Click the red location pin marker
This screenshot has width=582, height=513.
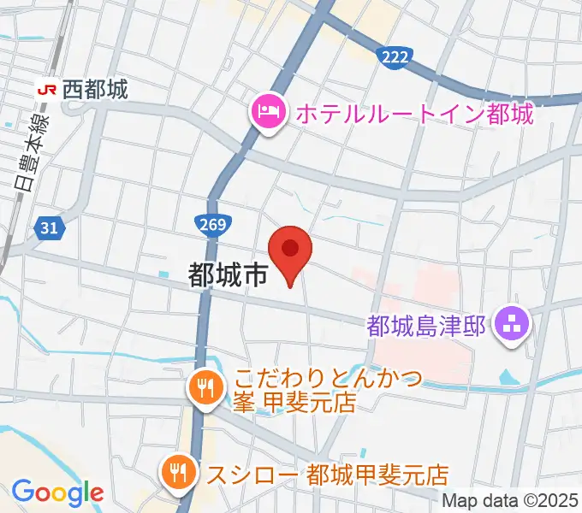(x=290, y=251)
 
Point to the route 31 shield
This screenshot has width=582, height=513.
(x=49, y=227)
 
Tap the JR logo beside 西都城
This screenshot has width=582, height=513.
(x=49, y=88)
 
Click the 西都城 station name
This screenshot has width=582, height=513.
(x=95, y=88)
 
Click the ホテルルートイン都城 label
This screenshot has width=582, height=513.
(x=413, y=112)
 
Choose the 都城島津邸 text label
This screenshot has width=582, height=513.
(x=426, y=325)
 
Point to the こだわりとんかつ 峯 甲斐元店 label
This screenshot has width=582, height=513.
(x=325, y=390)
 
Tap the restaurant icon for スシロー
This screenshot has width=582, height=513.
(x=178, y=472)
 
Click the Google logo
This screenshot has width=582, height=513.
(x=57, y=492)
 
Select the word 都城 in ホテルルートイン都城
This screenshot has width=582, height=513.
(x=512, y=112)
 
